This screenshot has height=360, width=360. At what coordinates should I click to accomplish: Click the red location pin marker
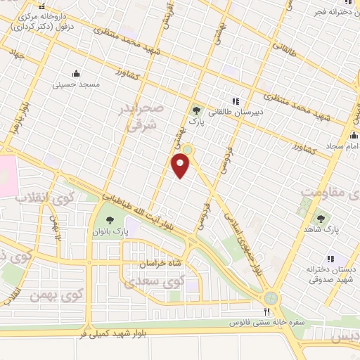(x=181, y=166)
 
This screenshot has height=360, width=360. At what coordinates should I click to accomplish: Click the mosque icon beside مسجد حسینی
(x=76, y=73)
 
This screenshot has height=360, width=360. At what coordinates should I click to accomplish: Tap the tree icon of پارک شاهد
(x=321, y=219)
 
